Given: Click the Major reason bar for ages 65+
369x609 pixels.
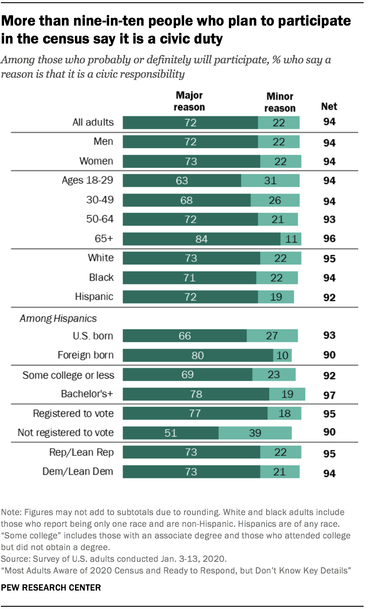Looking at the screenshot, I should coord(201,238).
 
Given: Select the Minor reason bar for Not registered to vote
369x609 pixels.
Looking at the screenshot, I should coord(255,433).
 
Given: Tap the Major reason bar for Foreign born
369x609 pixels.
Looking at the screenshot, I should coord(198,355).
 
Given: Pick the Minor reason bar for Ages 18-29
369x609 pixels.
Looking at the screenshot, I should coord(270,181).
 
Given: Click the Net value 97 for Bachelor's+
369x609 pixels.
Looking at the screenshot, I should coord(329,395).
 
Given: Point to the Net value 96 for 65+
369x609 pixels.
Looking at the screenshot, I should coord(329,239).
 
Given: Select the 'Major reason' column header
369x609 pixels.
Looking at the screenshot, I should coord(189,101).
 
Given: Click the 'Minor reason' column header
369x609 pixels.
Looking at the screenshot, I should coord(280,102).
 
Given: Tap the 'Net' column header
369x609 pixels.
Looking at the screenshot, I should coord(329,106).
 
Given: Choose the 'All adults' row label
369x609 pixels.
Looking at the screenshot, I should coord(93,122).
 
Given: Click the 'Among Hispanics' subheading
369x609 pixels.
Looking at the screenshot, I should coord(58,318).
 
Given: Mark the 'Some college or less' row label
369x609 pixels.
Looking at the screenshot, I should coord(68,375).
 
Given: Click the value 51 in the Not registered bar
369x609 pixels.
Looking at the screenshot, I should coord(171,433).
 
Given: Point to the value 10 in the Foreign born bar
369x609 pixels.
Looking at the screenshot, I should coord(282,355).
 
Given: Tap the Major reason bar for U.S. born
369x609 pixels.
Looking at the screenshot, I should coord(184,335).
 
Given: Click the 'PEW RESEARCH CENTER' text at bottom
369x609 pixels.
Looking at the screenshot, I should coord(51,587).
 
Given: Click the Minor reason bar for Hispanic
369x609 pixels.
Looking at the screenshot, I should coord(276,297).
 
